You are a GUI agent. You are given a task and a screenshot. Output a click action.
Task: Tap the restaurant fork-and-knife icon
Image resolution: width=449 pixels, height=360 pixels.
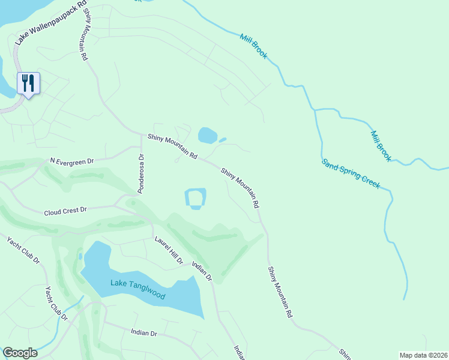(x=28, y=83)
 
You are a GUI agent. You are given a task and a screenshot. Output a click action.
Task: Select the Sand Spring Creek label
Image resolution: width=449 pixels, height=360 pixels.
(x=351, y=174)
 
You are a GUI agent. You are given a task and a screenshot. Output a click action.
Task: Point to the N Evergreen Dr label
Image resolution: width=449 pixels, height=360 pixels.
(x=72, y=161)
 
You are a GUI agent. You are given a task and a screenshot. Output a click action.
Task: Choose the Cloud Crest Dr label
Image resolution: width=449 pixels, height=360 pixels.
(x=65, y=211)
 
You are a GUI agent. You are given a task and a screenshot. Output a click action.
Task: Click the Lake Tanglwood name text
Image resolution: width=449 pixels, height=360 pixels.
(x=137, y=290)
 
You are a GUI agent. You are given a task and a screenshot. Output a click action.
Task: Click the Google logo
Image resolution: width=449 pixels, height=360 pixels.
(x=20, y=353)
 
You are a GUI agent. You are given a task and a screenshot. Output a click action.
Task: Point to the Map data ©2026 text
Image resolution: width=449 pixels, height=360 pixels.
(x=423, y=355)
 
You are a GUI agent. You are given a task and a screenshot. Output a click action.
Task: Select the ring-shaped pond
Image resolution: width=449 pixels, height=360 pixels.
(x=196, y=199)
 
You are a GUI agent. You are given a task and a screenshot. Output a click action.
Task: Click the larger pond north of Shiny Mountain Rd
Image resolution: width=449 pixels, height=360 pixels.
(x=207, y=135)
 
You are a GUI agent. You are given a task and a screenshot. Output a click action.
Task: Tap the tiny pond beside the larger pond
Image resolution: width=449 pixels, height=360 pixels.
(x=223, y=140)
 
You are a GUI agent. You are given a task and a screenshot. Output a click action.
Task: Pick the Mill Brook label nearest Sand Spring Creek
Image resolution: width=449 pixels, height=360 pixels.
(x=381, y=146)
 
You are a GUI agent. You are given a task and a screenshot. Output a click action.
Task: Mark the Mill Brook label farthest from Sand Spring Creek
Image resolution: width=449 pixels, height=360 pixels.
(x=254, y=46)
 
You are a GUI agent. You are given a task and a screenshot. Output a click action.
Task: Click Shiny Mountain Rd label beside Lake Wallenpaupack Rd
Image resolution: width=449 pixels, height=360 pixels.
(x=83, y=34)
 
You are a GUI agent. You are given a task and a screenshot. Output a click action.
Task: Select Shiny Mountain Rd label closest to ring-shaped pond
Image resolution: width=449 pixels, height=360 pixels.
(x=240, y=188)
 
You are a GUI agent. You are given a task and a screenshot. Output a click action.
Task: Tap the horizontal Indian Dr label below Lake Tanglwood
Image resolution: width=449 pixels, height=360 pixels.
(x=143, y=332)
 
